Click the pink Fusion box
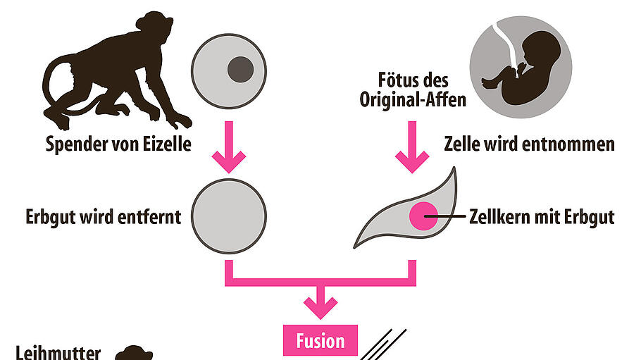(320, 341)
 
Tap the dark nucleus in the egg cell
(240, 68)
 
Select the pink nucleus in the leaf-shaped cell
(423, 216)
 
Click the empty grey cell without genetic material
(229, 216)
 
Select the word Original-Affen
(413, 99)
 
